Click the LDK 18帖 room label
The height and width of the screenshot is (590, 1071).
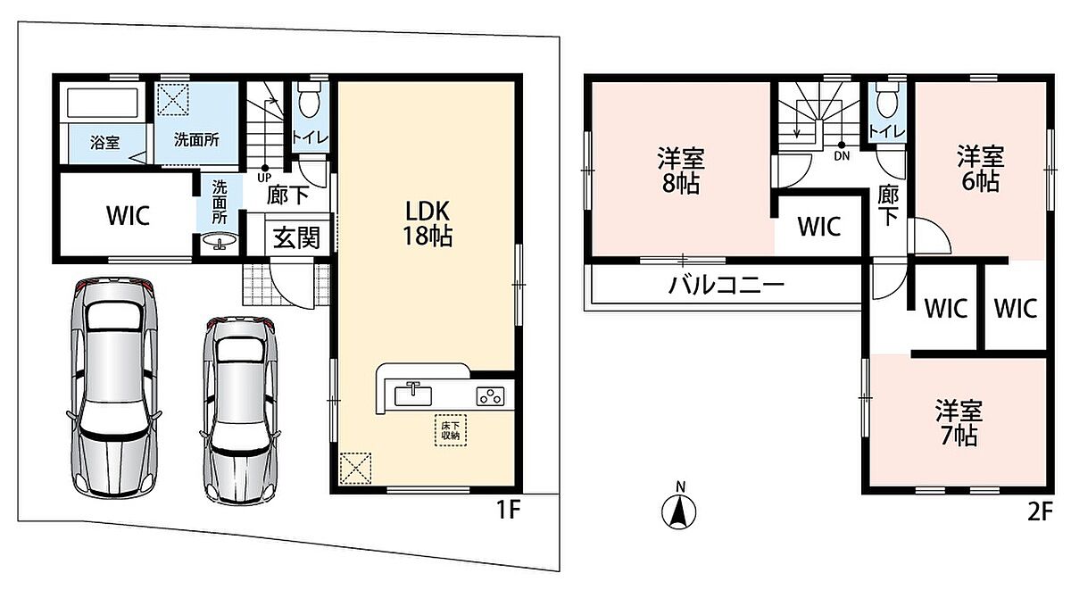tap(428, 223)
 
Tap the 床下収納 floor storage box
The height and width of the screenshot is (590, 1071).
tap(451, 430)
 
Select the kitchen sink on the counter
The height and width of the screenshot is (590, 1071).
tap(413, 395)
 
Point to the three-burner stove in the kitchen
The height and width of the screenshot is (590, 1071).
tap(490, 396)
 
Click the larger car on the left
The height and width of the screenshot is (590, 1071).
tap(114, 387)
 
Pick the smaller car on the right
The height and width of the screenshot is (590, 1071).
tap(240, 411)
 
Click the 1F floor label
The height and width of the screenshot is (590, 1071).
tap(508, 510)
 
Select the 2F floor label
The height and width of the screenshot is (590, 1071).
tap(1041, 512)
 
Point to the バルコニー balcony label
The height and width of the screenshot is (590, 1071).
tap(726, 286)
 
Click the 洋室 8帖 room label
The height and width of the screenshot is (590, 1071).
tap(681, 170)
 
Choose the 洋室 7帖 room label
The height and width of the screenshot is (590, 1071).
tap(959, 423)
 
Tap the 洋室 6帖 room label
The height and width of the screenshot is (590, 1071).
tap(981, 168)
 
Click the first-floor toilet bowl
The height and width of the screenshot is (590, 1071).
tap(310, 100)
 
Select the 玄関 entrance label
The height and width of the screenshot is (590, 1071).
tap(296, 237)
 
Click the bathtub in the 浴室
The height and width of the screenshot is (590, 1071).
tap(102, 103)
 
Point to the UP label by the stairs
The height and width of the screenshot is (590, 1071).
tap(264, 179)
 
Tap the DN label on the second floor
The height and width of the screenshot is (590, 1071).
tap(842, 155)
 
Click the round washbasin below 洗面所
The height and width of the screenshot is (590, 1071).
tap(220, 240)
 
